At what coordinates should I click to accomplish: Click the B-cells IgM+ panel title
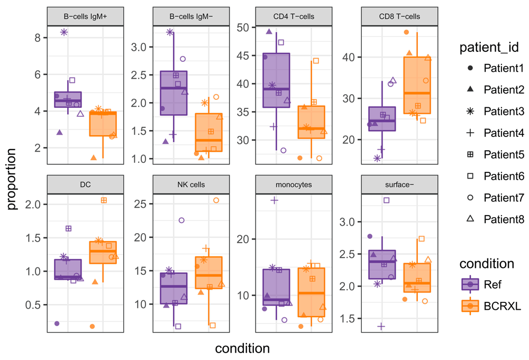[x=85, y=16]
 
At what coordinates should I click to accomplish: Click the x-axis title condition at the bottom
[x=242, y=348]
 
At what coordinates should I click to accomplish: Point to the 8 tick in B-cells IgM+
[x=38, y=38]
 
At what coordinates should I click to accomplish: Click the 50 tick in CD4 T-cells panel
[x=244, y=27]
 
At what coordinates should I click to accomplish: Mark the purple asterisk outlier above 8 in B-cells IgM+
[x=64, y=32]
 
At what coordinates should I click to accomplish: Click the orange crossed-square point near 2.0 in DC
[x=104, y=200]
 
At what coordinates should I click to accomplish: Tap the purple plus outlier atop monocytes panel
[x=273, y=200]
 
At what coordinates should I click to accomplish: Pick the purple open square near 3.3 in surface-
[x=386, y=200]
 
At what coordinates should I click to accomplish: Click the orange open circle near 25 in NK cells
[x=216, y=200]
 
